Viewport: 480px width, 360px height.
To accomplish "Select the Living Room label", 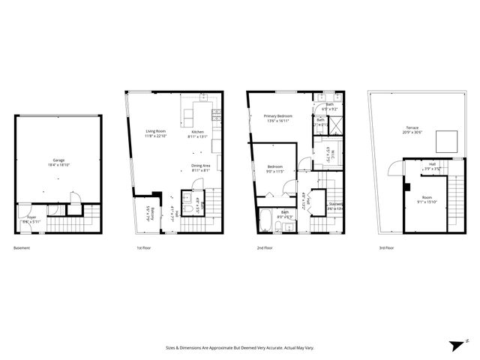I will (x=155, y=131).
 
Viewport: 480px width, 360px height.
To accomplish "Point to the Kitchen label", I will (x=197, y=132).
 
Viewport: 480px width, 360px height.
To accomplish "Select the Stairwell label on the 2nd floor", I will (x=335, y=202).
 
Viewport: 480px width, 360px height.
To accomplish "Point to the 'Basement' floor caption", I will (x=22, y=247).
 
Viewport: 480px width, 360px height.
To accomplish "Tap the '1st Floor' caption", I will (x=143, y=247).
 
